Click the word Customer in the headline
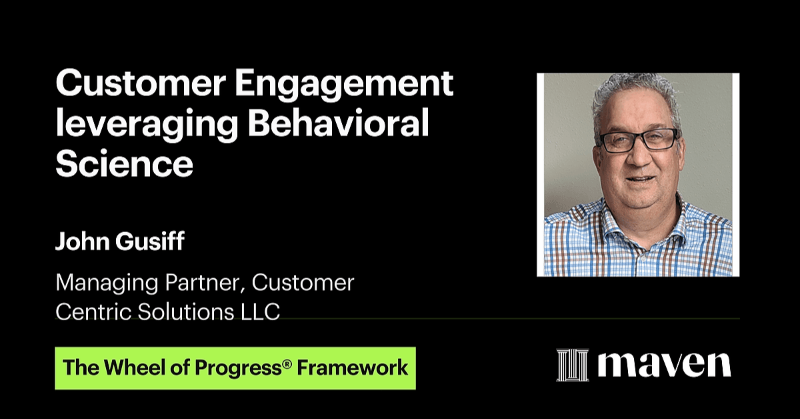pyautogui.click(x=141, y=83)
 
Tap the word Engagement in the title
pyautogui.click(x=344, y=87)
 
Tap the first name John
pyautogui.click(x=83, y=241)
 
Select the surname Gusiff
pyautogui.click(x=150, y=241)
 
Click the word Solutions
pyautogui.click(x=186, y=312)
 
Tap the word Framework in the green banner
pyautogui.click(x=353, y=368)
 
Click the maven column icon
pyautogui.click(x=572, y=365)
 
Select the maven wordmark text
pyautogui.click(x=664, y=365)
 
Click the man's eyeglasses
pyautogui.click(x=639, y=141)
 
